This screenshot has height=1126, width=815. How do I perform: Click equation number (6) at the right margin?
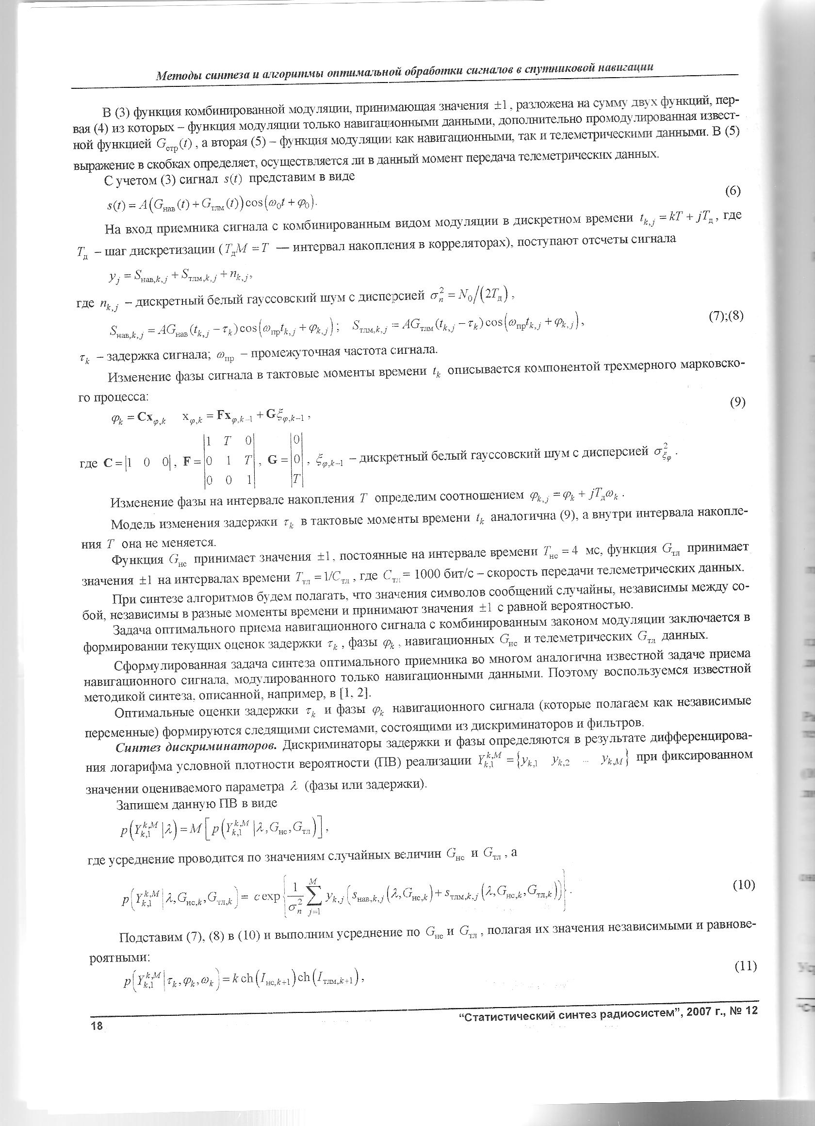coord(733,191)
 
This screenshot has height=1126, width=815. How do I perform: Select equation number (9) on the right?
coord(737,403)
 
